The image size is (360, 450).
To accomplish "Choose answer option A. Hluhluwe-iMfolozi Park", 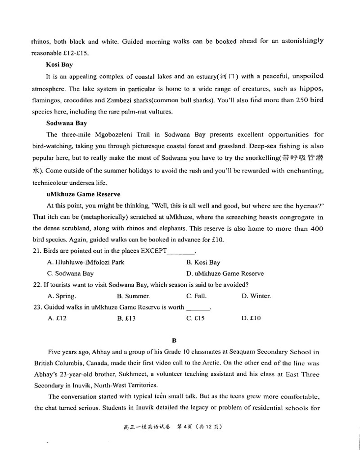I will (85, 262).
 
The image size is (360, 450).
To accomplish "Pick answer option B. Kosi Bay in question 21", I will (203, 262).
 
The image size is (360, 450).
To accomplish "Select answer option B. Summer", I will (133, 296).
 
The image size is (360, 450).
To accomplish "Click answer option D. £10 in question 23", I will (251, 318).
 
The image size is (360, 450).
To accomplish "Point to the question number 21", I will (37, 251).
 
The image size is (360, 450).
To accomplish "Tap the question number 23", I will (37, 308).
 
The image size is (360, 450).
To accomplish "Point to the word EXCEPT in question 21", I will (153, 251).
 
